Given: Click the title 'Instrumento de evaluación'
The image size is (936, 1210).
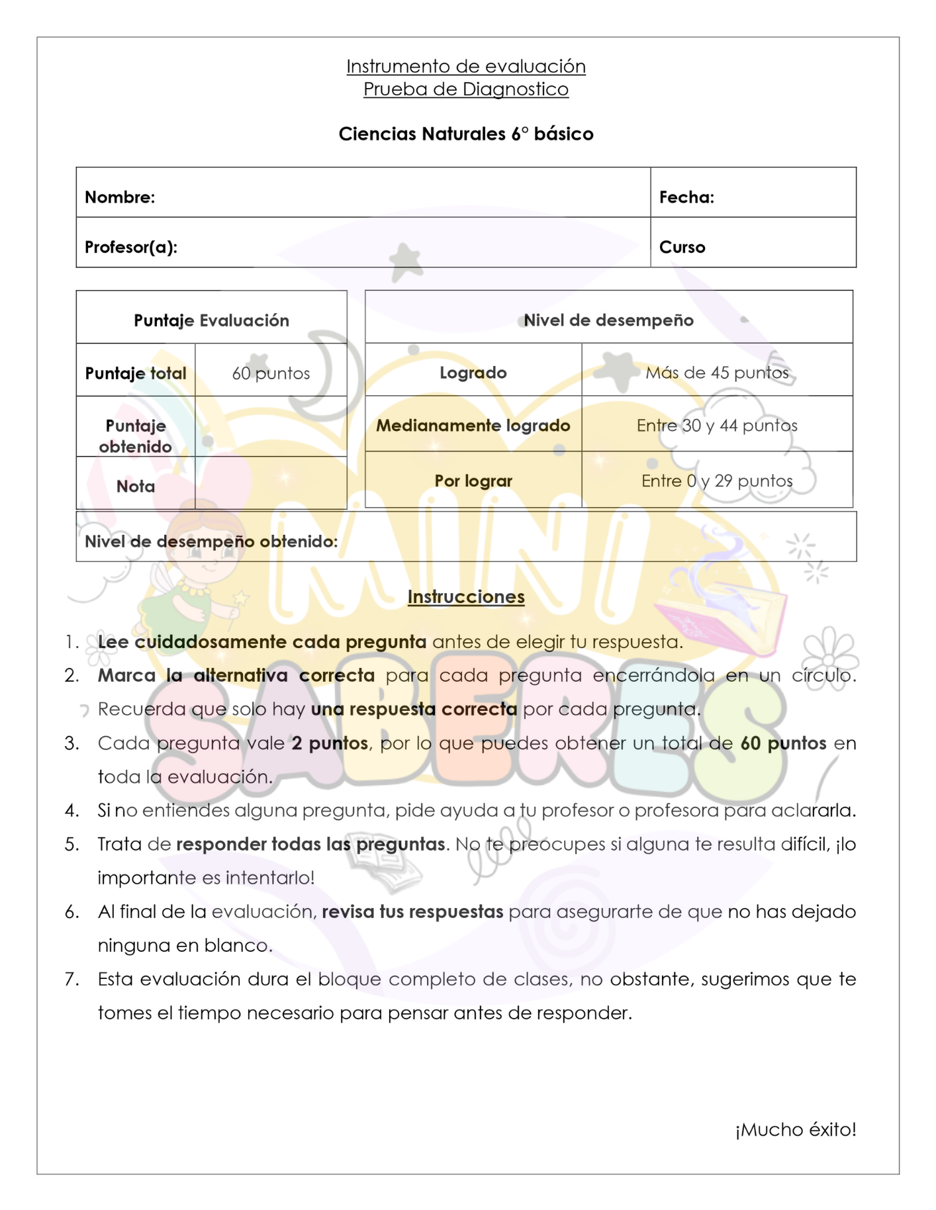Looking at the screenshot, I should click(466, 66).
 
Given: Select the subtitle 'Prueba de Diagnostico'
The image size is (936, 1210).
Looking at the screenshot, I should click(466, 89).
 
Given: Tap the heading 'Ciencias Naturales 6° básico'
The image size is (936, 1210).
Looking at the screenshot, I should click(466, 134).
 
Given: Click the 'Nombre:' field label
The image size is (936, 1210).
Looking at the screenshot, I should click(120, 197).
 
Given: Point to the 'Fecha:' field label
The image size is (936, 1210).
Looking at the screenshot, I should click(686, 197).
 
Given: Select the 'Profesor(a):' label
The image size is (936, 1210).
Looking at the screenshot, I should click(131, 247).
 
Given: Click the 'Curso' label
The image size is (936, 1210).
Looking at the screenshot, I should click(682, 247).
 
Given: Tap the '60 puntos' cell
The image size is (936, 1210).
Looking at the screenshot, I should click(271, 373).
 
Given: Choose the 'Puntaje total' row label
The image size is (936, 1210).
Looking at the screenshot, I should click(136, 373).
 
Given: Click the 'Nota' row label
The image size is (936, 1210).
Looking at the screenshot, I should click(136, 487).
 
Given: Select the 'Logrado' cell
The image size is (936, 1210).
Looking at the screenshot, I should click(473, 373).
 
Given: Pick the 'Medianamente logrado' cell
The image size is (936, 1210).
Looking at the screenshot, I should click(473, 426).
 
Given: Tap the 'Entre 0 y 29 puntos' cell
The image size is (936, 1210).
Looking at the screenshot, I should click(717, 481).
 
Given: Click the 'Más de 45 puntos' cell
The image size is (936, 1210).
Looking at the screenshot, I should click(717, 373).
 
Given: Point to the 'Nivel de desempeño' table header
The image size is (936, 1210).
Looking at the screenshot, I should click(608, 320).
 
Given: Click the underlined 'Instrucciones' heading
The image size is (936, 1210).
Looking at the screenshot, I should click(466, 597).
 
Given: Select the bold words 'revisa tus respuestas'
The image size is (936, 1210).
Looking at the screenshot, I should click(412, 912).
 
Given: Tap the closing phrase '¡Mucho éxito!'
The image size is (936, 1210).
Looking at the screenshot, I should click(796, 1130).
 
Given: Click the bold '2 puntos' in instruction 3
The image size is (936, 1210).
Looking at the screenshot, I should click(330, 743).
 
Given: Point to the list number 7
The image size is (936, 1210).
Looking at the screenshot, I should click(71, 980).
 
